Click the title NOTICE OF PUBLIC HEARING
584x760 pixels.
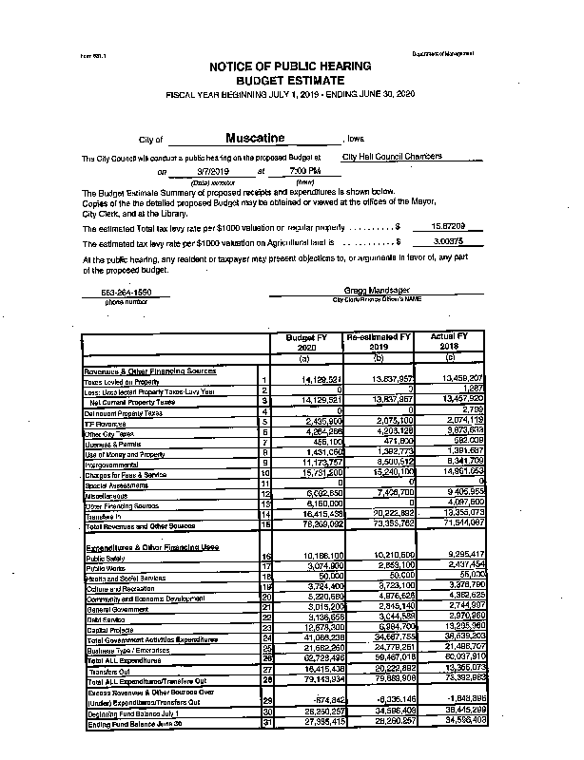tap(290, 67)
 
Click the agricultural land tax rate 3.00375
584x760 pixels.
tap(448, 242)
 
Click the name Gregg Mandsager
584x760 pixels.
tap(377, 290)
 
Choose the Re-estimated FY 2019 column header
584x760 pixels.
tap(378, 342)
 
